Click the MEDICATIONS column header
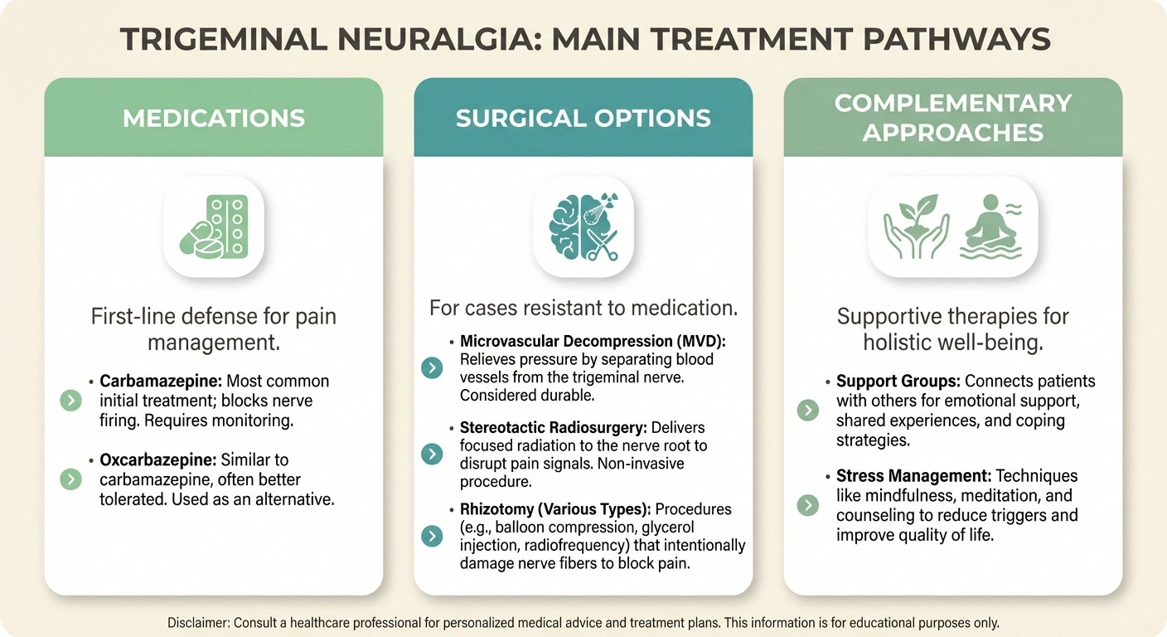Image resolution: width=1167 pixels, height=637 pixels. point(214,118)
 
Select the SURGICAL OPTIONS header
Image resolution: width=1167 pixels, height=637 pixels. point(583,118)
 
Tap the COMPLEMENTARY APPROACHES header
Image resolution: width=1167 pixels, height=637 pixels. point(953,117)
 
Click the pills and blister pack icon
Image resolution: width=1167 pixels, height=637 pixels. point(214,226)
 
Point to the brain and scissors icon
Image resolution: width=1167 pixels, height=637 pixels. point(583,226)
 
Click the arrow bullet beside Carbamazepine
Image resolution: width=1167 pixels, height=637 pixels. point(72,401)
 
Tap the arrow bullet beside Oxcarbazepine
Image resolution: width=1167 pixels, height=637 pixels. point(72,479)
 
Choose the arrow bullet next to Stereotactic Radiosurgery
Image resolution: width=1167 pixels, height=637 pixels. point(432,454)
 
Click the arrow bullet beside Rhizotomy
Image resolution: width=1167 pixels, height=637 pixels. point(432,536)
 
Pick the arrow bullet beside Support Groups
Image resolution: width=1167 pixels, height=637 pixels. point(807,410)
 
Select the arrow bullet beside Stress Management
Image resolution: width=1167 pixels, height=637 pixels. point(807,505)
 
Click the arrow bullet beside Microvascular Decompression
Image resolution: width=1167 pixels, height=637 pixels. point(432,367)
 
